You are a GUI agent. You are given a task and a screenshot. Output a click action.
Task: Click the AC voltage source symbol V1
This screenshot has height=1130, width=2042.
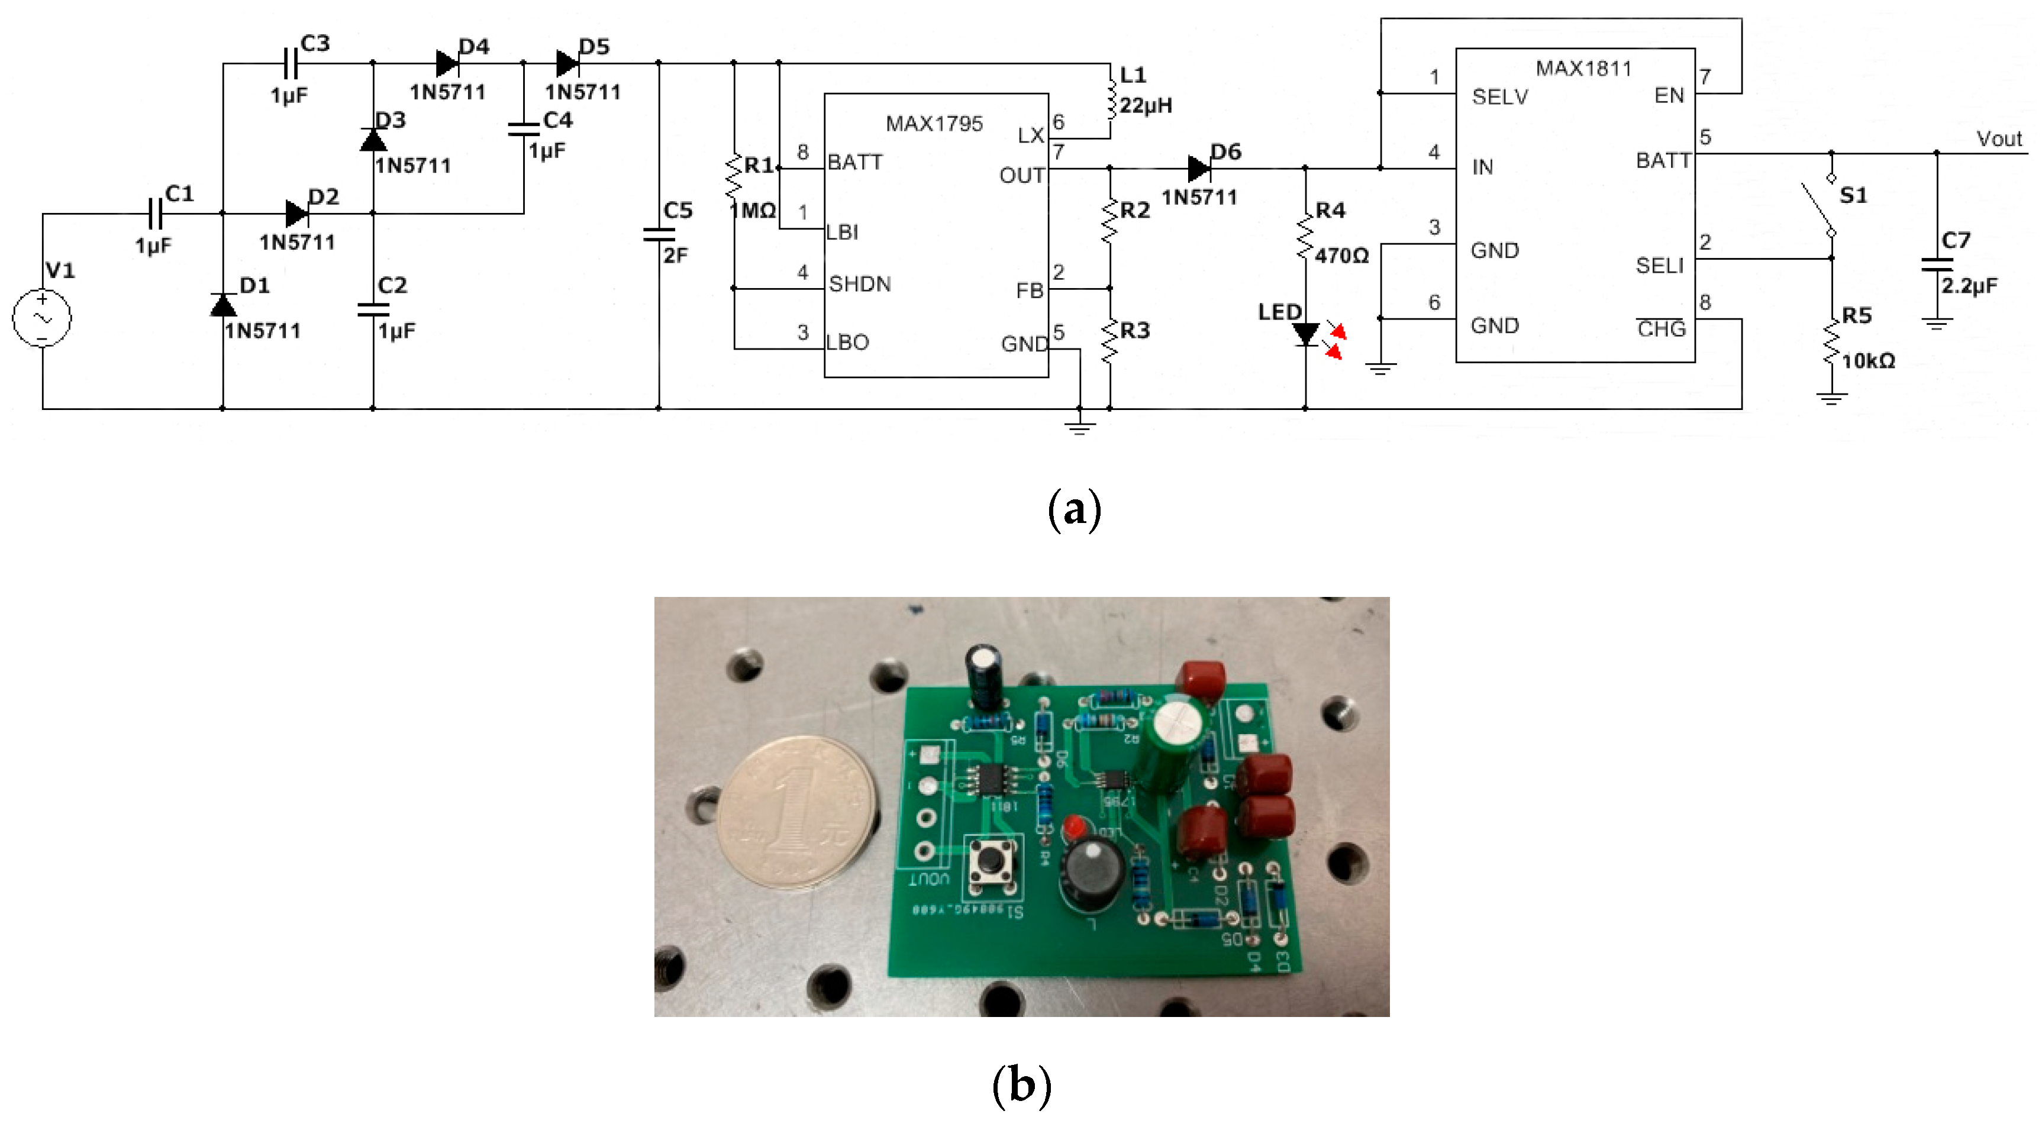[41, 318]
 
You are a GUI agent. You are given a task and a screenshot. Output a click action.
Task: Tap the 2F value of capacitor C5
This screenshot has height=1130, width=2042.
[675, 255]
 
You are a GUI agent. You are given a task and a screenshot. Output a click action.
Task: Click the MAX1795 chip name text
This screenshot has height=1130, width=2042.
[934, 124]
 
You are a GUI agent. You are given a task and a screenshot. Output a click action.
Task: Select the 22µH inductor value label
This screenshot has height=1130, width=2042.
[1146, 105]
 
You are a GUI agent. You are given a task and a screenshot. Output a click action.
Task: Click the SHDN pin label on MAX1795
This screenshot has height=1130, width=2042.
[859, 284]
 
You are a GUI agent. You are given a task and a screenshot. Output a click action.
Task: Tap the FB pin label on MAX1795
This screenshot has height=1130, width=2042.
[1029, 291]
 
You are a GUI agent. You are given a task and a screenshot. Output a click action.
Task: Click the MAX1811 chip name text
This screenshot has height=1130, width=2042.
[1583, 69]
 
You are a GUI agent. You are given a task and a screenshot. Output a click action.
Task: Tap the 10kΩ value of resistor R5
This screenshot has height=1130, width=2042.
[1867, 361]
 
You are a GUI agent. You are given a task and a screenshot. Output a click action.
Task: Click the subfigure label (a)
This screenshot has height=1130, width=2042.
[1074, 509]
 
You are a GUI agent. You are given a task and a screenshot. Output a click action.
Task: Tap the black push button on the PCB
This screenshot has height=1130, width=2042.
[992, 861]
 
